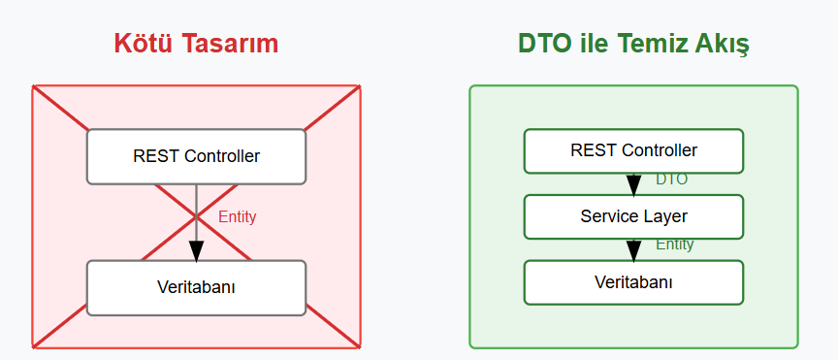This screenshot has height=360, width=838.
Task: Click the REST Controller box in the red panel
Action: [x=196, y=156]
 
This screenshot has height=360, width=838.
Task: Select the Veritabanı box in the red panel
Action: [x=196, y=287]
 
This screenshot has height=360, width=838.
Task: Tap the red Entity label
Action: [x=237, y=216]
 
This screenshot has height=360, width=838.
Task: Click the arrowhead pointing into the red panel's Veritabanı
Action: [x=196, y=249]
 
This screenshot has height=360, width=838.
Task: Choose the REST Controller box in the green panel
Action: [x=633, y=150]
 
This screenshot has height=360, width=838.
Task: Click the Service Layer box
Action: [x=633, y=216]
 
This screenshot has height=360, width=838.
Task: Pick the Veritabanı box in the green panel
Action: [x=633, y=281]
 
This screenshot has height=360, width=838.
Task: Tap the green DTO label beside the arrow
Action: [x=671, y=180]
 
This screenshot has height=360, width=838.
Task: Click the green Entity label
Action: [x=674, y=245]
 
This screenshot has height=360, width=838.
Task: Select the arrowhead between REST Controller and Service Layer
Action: [x=633, y=184]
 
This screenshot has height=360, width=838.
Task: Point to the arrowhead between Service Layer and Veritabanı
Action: [x=633, y=250]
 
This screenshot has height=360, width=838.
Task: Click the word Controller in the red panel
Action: [x=222, y=156]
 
